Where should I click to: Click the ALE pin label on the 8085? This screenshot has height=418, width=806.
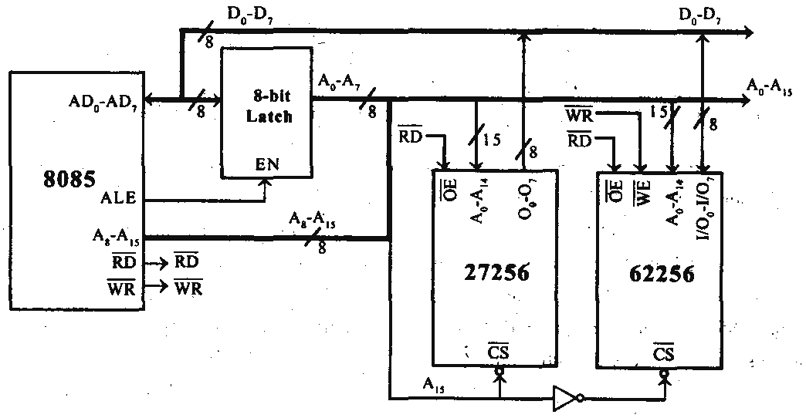pyautogui.click(x=117, y=199)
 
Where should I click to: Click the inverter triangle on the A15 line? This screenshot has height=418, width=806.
pyautogui.click(x=564, y=398)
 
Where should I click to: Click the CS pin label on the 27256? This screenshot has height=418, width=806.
pyautogui.click(x=498, y=354)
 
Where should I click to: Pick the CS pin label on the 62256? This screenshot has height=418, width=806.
pyautogui.click(x=662, y=354)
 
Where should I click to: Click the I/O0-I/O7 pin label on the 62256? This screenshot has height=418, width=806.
pyautogui.click(x=704, y=207)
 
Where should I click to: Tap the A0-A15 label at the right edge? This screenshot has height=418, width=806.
pyautogui.click(x=774, y=85)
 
